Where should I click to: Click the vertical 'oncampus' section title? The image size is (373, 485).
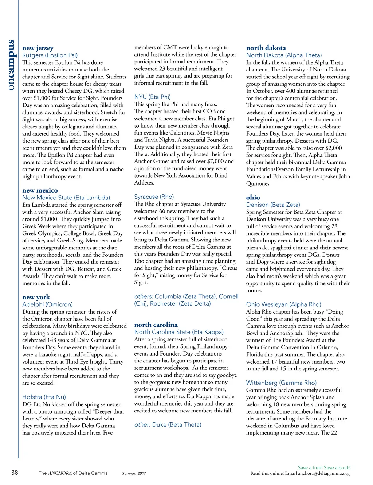coord(11,65)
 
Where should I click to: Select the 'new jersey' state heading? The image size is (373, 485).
coord(38,48)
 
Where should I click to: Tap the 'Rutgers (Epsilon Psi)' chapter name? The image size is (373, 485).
coord(50,55)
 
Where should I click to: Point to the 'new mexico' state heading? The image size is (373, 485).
coord(40,190)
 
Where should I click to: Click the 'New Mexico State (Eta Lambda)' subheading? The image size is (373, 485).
coord(66,198)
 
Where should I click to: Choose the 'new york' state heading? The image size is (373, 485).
coord(36,297)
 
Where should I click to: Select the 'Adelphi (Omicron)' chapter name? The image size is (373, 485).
coord(47,304)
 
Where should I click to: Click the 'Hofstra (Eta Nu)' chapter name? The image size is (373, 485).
coord(44,397)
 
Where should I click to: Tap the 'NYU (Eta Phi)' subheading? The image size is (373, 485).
coord(152,97)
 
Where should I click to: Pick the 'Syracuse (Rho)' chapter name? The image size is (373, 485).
coord(154,197)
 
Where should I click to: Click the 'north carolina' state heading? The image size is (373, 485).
coord(156,325)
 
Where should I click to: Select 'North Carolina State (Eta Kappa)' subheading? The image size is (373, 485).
coord(179,332)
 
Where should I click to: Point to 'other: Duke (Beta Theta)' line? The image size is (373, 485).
coord(168,425)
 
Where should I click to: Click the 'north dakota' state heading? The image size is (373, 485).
coord(266,48)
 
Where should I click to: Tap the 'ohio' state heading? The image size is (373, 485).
coord(253,198)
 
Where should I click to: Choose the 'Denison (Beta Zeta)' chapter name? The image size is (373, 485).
coord(273,205)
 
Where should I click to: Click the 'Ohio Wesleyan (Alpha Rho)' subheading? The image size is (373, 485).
coord(283,304)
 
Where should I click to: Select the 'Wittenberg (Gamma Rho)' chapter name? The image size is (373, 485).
coord(281,383)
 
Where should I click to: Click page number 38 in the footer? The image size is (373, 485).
coord(15,473)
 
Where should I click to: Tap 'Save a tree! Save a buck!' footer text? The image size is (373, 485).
coord(324,468)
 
